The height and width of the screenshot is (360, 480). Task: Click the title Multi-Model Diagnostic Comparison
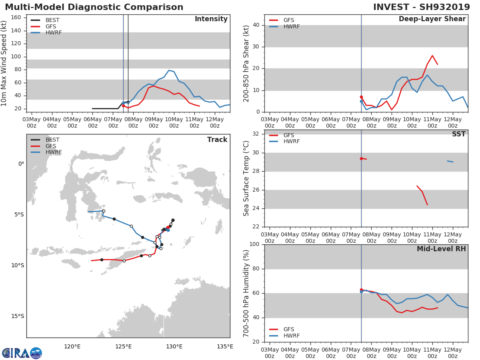coord(94,7)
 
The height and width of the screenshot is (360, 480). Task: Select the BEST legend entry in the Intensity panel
coord(52,20)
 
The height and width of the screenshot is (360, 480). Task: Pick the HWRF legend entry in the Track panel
coord(53,152)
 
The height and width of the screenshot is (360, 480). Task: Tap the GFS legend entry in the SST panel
coord(288,135)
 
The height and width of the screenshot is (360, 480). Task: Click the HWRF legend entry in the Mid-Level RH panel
coord(292,336)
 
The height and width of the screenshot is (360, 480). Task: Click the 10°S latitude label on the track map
coord(18,265)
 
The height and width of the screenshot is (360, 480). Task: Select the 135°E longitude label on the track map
coord(225,346)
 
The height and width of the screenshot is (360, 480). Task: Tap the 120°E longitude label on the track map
coord(72,346)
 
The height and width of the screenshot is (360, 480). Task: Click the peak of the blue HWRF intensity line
coord(169,70)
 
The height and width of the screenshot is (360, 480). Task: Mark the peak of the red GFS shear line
coord(432,56)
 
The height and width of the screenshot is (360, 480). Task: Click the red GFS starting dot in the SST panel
coord(361,158)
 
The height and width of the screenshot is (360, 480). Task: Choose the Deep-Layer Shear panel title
coord(432,19)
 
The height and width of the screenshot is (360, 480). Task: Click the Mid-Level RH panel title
coord(441,249)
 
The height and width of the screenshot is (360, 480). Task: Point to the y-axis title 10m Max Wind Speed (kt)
coord(4,63)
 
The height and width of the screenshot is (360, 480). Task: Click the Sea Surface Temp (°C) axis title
coord(246,179)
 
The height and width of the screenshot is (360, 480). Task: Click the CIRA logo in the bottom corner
coord(22,353)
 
